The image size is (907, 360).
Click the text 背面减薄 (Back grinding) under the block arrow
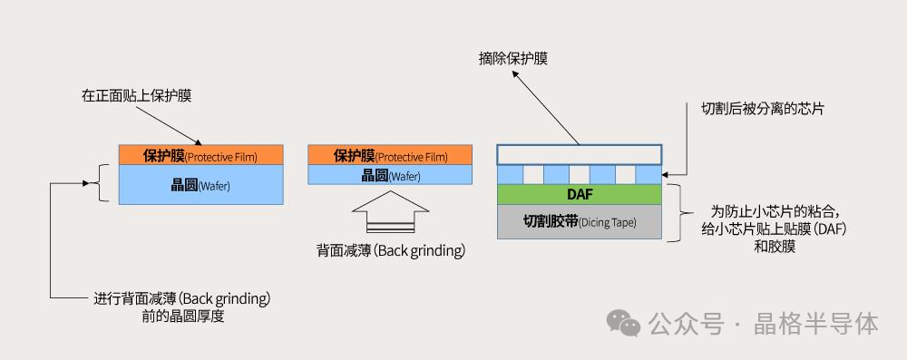(391, 250)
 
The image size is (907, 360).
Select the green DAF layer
(580, 193)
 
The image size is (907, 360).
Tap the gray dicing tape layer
(580, 221)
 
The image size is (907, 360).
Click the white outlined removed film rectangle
(580, 153)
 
